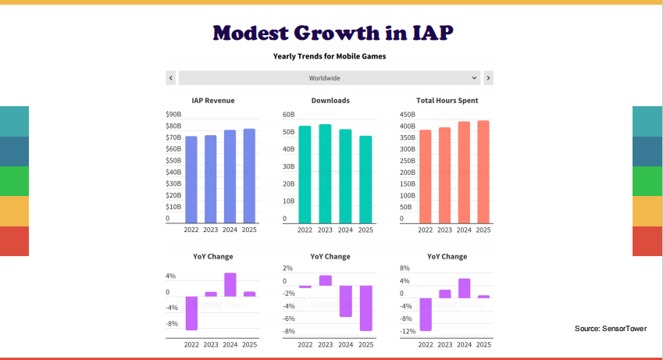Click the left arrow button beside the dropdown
(171, 78)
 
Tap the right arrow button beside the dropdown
(488, 78)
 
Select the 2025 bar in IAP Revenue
(249, 176)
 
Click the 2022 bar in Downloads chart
(305, 174)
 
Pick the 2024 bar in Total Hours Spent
(464, 173)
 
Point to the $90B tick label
(173, 115)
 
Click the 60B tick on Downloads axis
(288, 115)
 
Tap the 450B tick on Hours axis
(407, 115)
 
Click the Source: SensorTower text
(610, 329)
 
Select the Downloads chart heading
(330, 101)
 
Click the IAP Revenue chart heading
(213, 101)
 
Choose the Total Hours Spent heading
(447, 101)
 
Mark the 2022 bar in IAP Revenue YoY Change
(191, 313)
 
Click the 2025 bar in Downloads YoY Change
(366, 308)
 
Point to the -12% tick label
(407, 331)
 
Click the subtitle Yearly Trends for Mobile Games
(330, 56)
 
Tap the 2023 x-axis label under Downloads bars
(324, 230)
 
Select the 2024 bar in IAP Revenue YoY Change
(230, 284)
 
